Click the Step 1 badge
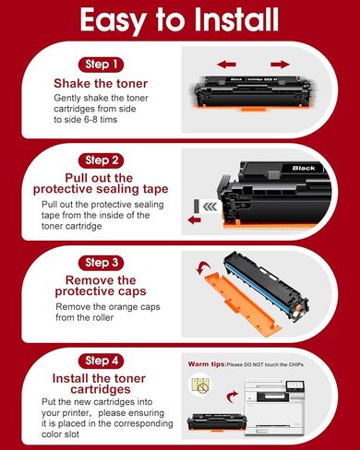pyautogui.click(x=102, y=65)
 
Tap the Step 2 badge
pyautogui.click(x=102, y=160)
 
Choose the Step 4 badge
pyautogui.click(x=102, y=359)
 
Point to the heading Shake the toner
pyautogui.click(x=102, y=84)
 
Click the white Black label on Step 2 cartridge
pyautogui.click(x=303, y=169)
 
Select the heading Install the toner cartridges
pyautogui.click(x=102, y=385)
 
